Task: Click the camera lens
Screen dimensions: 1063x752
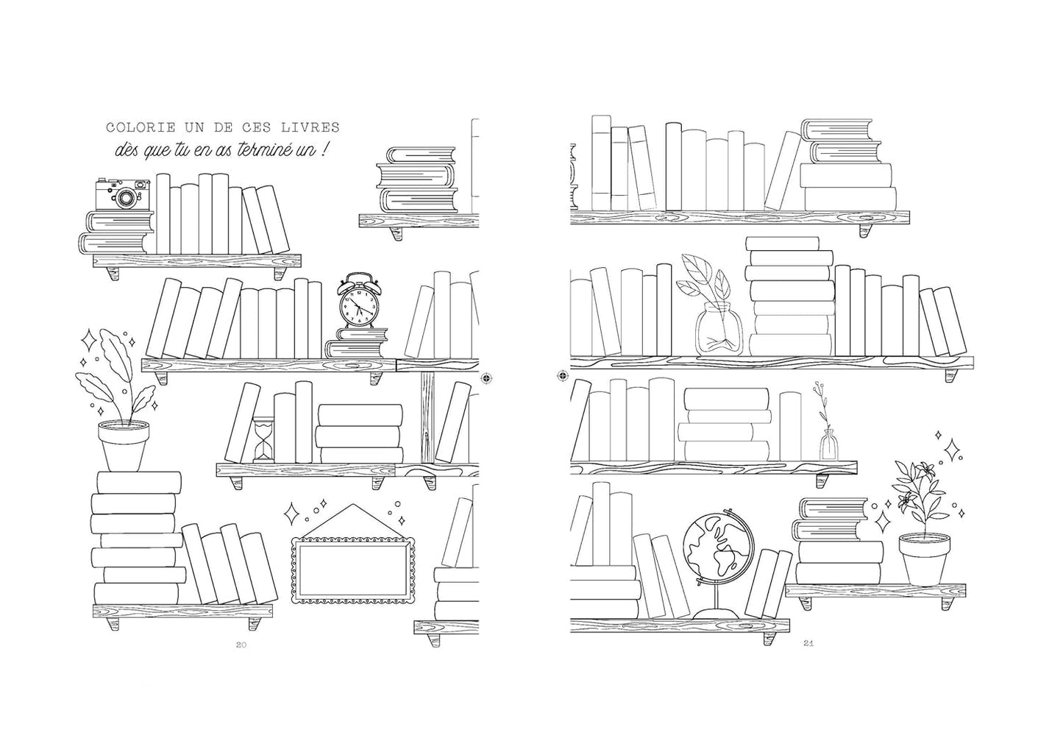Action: pos(127,197)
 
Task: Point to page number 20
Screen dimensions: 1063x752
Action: pos(241,645)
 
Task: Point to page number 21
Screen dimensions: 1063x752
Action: pos(808,644)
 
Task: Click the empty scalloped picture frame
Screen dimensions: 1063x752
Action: pos(353,570)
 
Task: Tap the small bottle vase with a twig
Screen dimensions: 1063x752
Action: pos(829,444)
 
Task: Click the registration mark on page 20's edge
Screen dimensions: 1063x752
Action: pos(487,378)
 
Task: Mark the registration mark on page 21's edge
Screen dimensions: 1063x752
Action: pos(562,376)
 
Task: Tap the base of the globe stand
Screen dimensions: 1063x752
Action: pos(716,614)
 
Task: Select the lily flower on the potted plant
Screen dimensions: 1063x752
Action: pos(923,469)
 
